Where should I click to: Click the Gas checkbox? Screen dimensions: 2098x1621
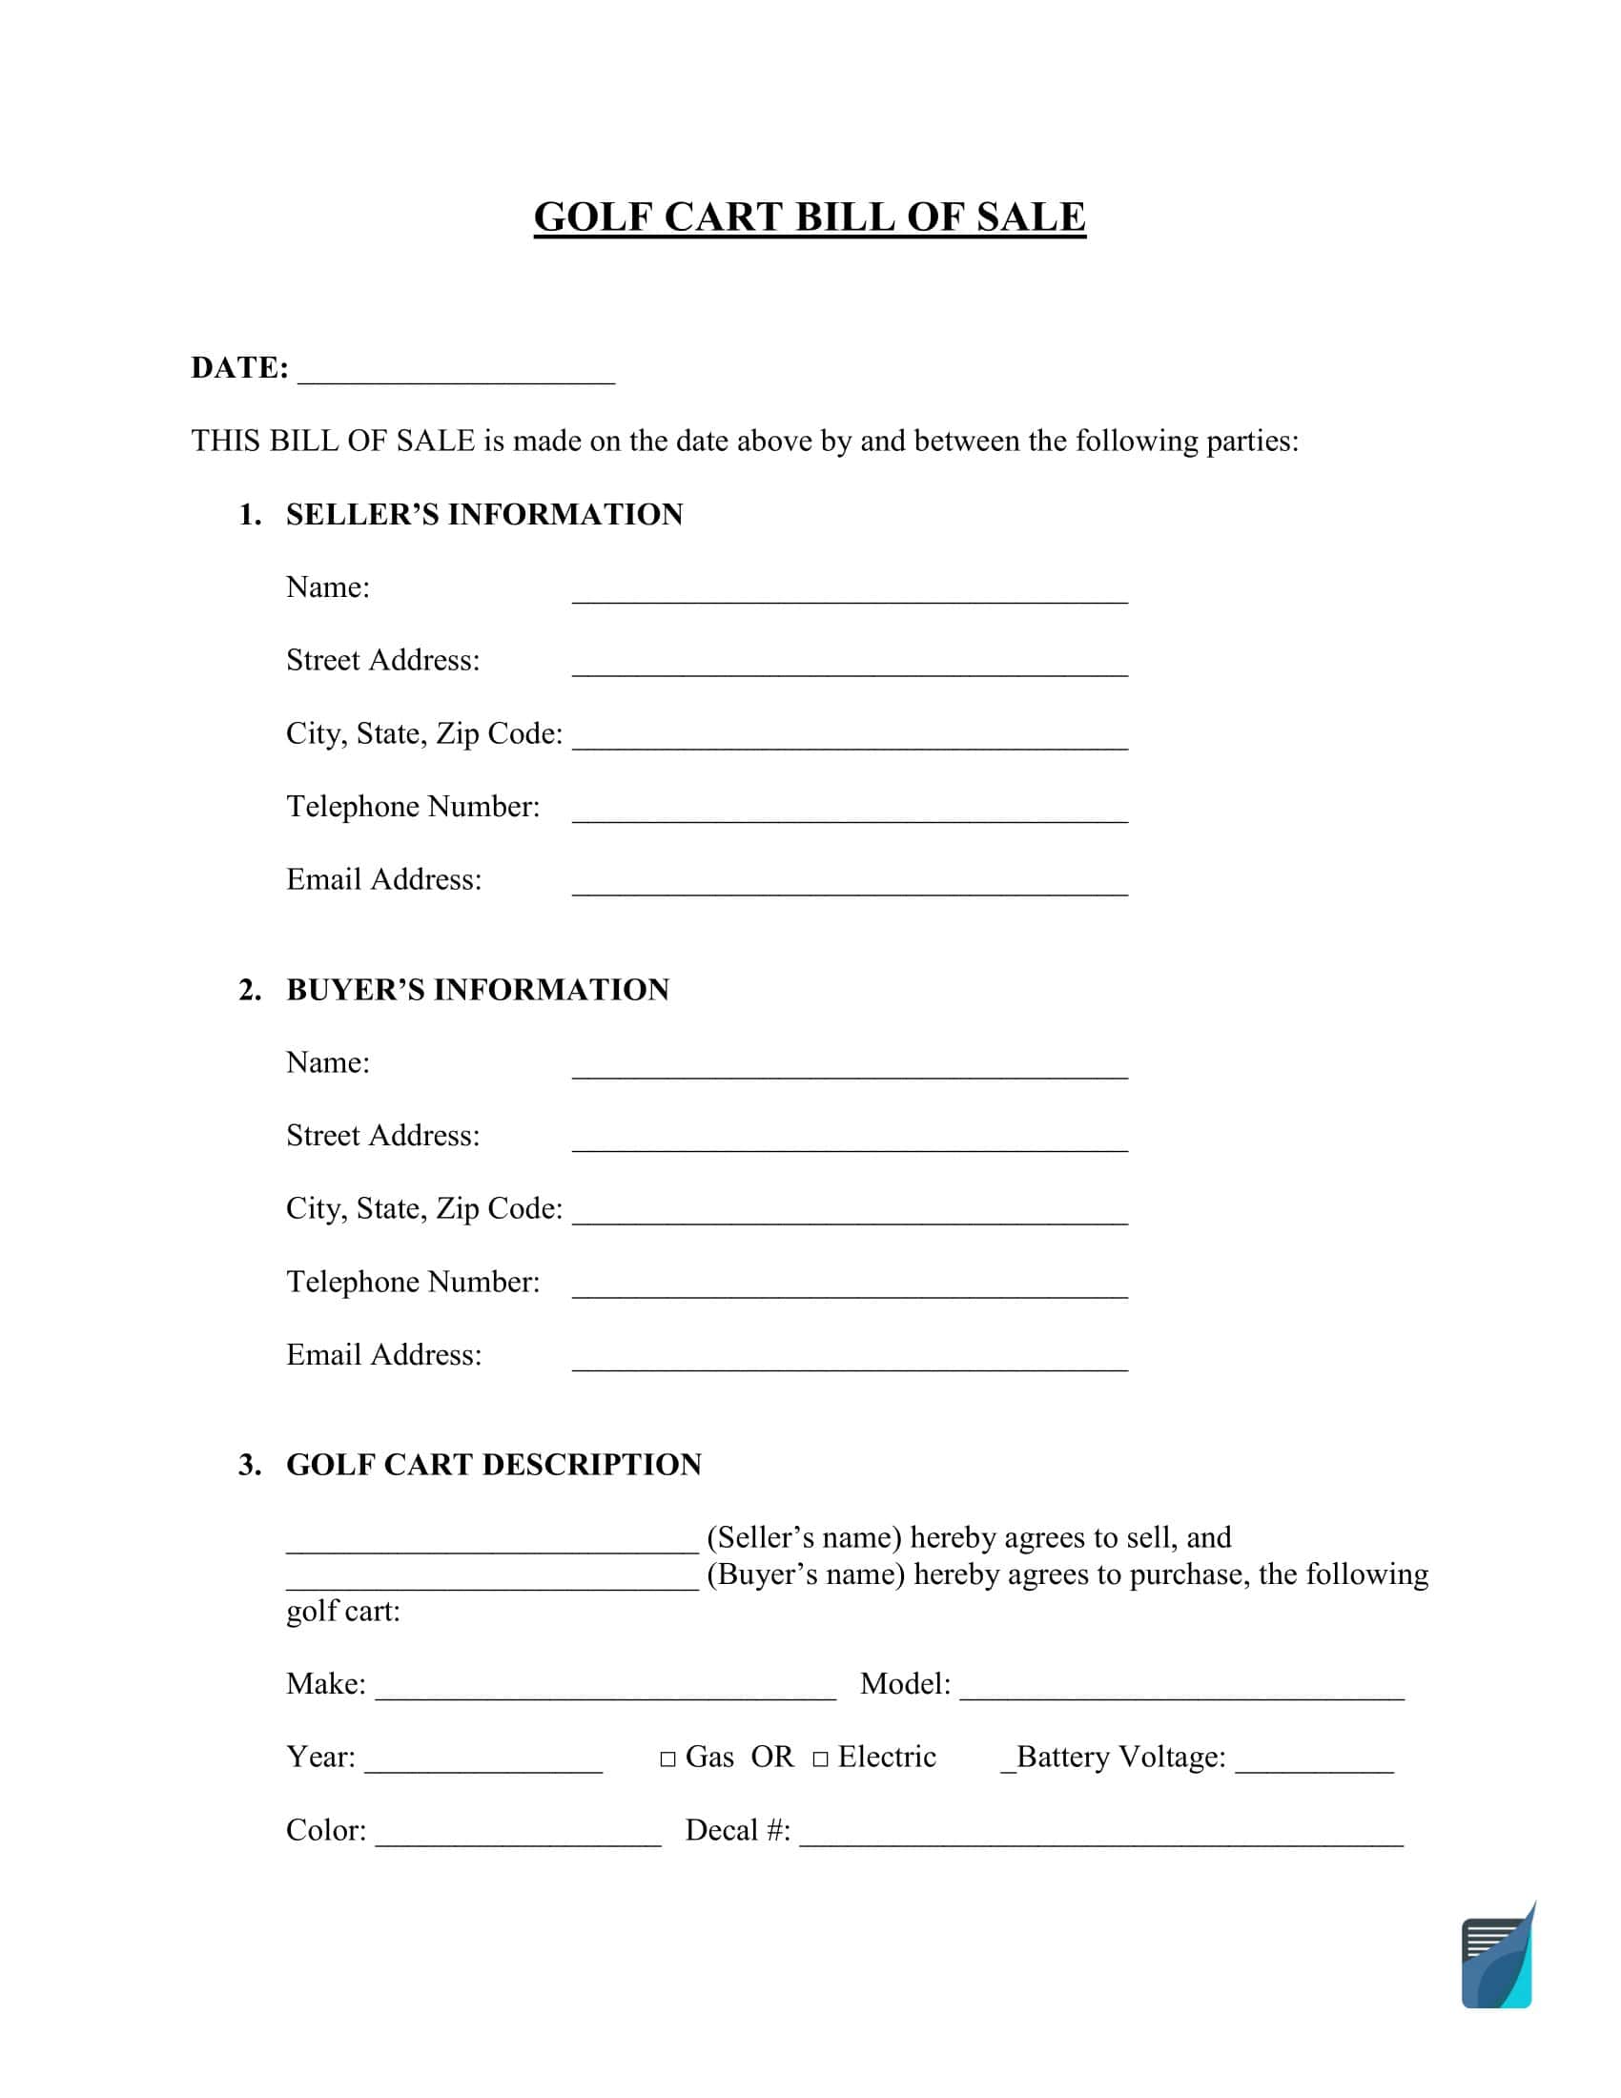click(667, 1759)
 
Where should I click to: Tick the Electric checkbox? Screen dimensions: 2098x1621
click(820, 1759)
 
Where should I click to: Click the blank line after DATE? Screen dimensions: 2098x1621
click(456, 375)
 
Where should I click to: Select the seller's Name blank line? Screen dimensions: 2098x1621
click(850, 594)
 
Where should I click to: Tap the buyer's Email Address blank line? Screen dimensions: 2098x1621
click(850, 1361)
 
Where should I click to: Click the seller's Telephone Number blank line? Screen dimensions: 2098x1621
click(850, 812)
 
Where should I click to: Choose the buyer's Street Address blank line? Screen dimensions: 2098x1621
click(850, 1142)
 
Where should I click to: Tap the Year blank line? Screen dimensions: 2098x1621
click(483, 1762)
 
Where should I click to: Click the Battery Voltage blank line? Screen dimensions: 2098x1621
click(1314, 1762)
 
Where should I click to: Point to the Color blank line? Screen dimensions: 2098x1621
click(518, 1836)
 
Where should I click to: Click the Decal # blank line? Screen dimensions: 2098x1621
click(1101, 1836)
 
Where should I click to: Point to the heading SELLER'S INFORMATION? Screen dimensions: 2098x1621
click(484, 515)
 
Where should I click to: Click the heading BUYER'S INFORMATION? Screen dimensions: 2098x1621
click(478, 990)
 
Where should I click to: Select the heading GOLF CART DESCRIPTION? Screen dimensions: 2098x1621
click(494, 1465)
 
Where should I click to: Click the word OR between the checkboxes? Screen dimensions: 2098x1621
click(772, 1757)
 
